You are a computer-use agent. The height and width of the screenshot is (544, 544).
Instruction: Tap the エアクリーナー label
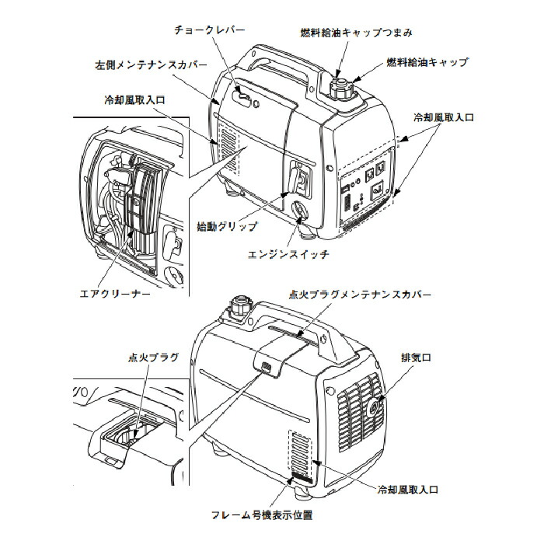pos(114,295)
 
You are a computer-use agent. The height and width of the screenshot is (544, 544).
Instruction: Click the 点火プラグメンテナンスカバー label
pos(359,295)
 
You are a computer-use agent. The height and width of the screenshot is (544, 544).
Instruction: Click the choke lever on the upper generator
pos(244,99)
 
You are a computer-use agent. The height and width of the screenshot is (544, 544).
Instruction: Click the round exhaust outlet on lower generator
pos(376,406)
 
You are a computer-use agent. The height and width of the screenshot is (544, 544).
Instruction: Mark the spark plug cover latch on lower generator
pos(266,366)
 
